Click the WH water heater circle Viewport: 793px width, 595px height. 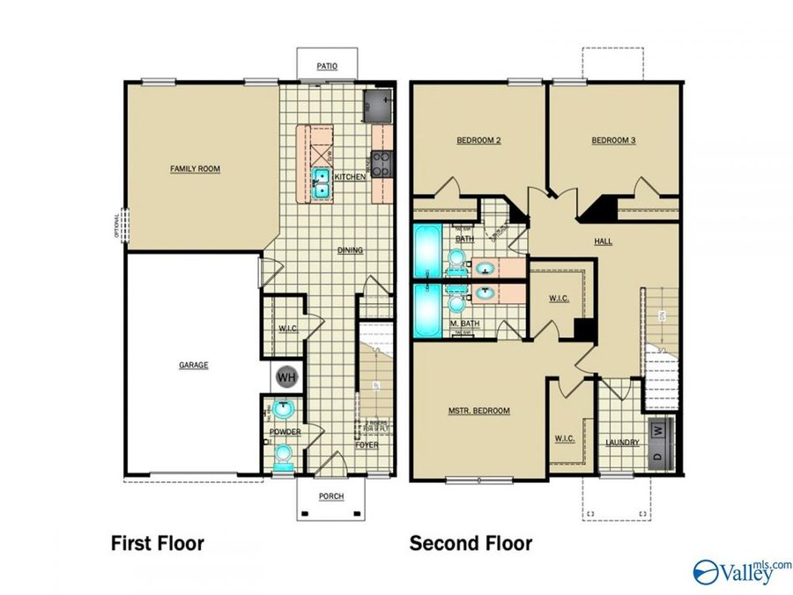coord(285,377)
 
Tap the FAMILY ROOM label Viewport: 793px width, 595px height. coord(195,168)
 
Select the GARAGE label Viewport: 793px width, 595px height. coord(194,365)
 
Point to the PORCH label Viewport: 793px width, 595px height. coord(330,496)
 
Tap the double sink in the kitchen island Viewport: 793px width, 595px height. coord(322,182)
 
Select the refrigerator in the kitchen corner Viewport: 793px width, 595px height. coord(378,106)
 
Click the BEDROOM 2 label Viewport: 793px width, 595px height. coord(478,140)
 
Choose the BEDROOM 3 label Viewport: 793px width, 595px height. coord(613,140)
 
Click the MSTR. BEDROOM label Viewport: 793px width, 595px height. coord(478,411)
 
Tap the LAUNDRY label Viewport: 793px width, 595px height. coord(622,443)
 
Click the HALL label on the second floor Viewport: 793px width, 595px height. coord(604,241)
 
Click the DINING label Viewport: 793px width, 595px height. coord(350,250)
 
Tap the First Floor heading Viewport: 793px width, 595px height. coord(157,543)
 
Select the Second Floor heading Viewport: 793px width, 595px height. coord(471,543)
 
